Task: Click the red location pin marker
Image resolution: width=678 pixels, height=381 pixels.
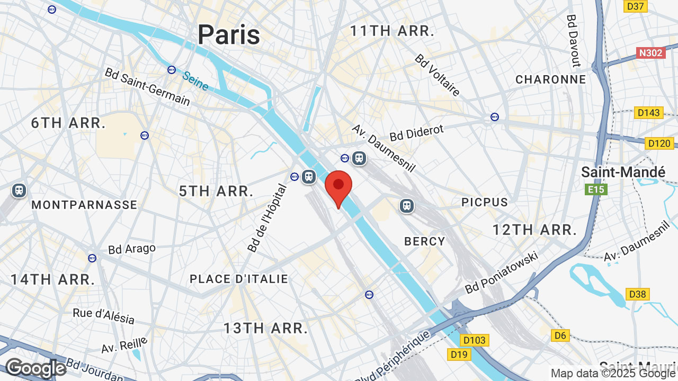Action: pyautogui.click(x=338, y=187)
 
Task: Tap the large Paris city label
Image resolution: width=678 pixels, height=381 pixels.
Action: pyautogui.click(x=229, y=34)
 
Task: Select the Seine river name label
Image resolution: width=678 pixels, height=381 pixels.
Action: pyautogui.click(x=195, y=80)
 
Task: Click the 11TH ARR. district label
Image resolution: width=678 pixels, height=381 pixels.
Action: pyautogui.click(x=392, y=31)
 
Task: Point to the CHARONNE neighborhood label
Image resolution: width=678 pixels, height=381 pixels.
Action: pyautogui.click(x=551, y=79)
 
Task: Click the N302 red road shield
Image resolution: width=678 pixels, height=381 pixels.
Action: pyautogui.click(x=650, y=53)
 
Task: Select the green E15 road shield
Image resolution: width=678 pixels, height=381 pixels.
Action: pyautogui.click(x=596, y=189)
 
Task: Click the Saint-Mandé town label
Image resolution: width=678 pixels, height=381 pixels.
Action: pyautogui.click(x=623, y=172)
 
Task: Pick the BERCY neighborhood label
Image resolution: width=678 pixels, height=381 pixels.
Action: pyautogui.click(x=425, y=241)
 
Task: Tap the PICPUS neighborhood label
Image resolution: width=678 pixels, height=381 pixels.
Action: pyautogui.click(x=485, y=202)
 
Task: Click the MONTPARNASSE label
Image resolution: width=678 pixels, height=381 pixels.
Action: pyautogui.click(x=84, y=205)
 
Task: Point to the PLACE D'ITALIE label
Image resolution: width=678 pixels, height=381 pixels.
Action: pyautogui.click(x=239, y=279)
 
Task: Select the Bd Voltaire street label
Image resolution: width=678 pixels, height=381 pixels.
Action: pyautogui.click(x=438, y=75)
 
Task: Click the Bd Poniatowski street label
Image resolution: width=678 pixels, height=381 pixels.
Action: pyautogui.click(x=502, y=273)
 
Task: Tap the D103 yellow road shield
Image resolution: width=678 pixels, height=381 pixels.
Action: pyautogui.click(x=474, y=340)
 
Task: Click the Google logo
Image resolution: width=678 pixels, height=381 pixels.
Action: pyautogui.click(x=35, y=368)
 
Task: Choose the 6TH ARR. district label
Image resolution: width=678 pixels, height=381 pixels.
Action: pyautogui.click(x=68, y=123)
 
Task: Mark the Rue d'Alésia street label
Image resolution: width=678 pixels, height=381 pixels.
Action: pyautogui.click(x=104, y=316)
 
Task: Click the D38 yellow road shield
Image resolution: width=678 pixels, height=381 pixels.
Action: pyautogui.click(x=638, y=294)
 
